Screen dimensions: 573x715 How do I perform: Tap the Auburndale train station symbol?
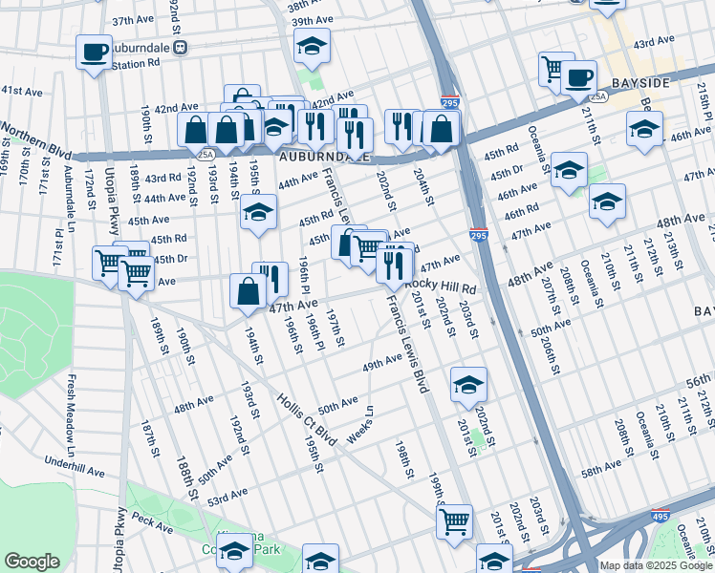click(x=180, y=47)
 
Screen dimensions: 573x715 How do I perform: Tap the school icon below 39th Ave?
click(x=311, y=47)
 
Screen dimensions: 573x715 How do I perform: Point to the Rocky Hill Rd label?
click(x=440, y=286)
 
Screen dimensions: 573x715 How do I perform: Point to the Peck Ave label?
click(x=152, y=521)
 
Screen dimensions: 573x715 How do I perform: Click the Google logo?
click(x=32, y=562)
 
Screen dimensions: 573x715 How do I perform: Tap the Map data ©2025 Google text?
click(x=656, y=565)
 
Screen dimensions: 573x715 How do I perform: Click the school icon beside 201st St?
click(x=468, y=385)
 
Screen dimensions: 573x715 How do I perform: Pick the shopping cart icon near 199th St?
click(x=454, y=521)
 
